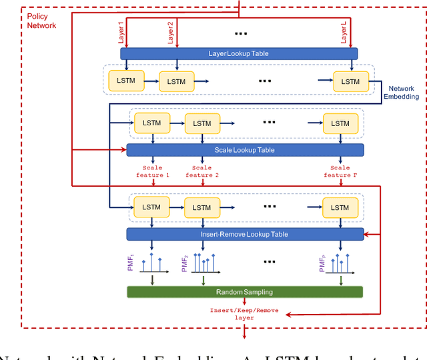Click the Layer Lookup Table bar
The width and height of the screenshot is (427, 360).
click(238, 53)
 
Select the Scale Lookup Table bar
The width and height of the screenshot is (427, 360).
click(245, 150)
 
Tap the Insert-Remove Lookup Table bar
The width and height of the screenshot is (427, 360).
click(245, 234)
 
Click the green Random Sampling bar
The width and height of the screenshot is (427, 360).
click(245, 292)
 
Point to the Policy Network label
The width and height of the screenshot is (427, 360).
click(42, 21)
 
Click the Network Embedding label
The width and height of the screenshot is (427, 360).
click(401, 93)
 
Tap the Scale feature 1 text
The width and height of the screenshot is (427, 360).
click(153, 171)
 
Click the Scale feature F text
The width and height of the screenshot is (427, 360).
click(340, 171)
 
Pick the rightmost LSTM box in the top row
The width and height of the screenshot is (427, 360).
click(350, 81)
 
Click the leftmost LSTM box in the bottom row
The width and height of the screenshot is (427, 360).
click(151, 207)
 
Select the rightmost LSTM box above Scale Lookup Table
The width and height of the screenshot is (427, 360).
click(340, 123)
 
